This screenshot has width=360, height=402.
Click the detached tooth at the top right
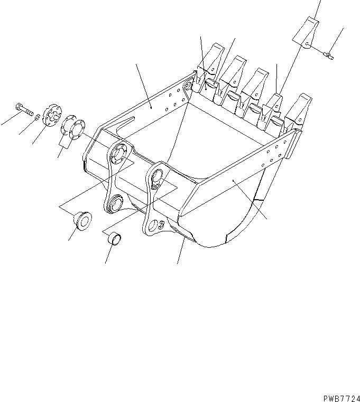click(x=307, y=32)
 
